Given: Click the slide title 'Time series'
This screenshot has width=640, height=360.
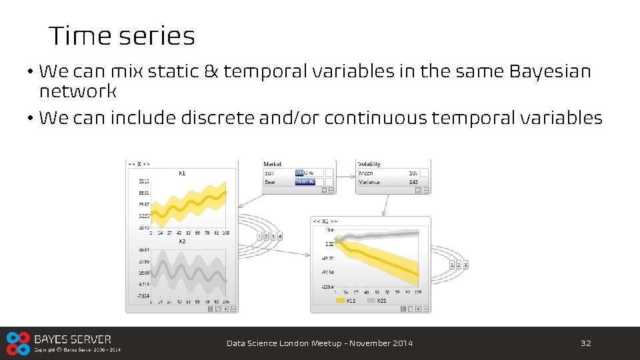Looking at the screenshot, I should tap(121, 36).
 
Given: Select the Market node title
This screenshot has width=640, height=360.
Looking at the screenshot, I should tap(273, 164).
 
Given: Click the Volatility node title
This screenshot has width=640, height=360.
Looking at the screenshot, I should tap(369, 164).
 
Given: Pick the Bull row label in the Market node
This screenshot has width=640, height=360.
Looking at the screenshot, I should tap(269, 173).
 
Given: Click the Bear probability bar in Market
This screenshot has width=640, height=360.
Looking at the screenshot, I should tap(305, 181).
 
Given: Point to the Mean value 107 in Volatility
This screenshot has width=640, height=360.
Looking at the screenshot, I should tap(413, 173).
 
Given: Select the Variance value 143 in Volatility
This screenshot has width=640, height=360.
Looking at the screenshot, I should tap(413, 181).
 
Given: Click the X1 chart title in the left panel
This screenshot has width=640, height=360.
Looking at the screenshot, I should tap(182, 174).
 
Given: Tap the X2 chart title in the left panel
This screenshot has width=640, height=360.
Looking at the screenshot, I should tap(182, 241).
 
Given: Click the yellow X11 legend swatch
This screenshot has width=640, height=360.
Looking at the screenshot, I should tap(340, 301).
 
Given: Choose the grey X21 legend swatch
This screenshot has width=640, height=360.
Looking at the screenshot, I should tap(371, 301).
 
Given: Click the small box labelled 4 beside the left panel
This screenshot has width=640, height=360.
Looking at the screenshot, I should tap(280, 236).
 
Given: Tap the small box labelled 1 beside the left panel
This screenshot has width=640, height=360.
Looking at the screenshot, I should tap(259, 236).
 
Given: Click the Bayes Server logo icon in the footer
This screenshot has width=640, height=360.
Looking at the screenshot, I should tap(18, 343).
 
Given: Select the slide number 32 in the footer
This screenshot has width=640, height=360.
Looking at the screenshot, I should tap(586, 343).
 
